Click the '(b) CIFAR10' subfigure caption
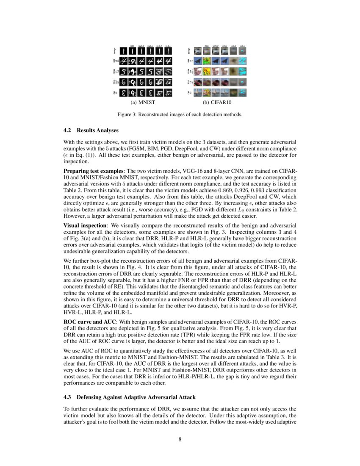coord(217,103)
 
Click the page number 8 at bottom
coord(180,439)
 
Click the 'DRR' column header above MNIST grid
coord(132,45)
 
